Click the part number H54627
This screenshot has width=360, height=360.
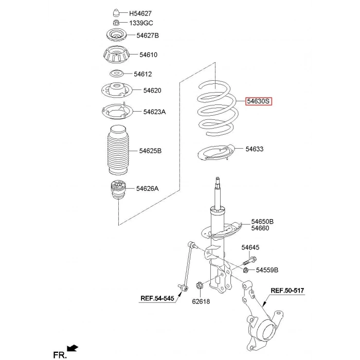point(140,13)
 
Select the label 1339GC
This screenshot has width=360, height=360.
point(141,23)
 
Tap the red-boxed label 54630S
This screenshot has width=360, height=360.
point(259,101)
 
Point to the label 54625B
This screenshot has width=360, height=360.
point(150,151)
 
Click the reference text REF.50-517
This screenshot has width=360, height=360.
point(287,291)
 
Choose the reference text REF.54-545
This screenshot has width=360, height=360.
point(157,298)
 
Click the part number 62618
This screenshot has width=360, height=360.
point(201,301)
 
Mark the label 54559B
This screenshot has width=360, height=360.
point(267,270)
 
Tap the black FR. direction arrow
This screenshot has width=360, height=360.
point(73,348)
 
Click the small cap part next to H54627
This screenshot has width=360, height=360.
point(117,13)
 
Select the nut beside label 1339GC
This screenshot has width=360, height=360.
point(116,23)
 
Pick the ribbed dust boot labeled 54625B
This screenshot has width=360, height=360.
point(118,150)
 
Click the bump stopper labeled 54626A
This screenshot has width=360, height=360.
point(118,190)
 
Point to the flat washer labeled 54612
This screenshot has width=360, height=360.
point(116,74)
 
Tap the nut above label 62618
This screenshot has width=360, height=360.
point(199,286)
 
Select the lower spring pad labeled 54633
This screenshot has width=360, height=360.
point(217,153)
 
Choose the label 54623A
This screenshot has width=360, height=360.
point(154,112)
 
